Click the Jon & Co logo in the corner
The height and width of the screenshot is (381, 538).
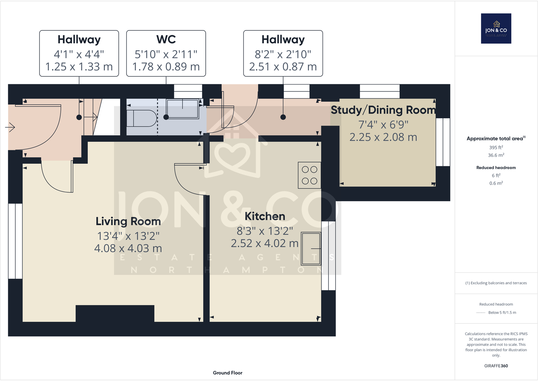496,28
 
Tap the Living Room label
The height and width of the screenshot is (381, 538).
128,221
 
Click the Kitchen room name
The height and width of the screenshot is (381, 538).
265,216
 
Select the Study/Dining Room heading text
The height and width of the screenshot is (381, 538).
383,110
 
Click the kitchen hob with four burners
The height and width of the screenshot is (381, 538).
309,175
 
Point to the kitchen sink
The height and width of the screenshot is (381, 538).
311,248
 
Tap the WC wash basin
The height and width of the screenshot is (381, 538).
183,109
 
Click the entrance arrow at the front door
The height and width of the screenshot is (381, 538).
10,127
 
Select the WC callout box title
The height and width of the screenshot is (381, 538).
166,40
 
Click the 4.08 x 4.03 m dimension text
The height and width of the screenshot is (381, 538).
128,248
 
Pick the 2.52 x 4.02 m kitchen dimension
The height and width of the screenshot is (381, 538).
265,243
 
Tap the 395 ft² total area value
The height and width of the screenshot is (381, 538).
496,147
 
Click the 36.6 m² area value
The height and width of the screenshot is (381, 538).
496,155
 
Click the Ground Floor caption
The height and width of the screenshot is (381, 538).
227,373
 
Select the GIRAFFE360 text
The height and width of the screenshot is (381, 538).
496,366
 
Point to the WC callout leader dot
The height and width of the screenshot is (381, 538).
166,117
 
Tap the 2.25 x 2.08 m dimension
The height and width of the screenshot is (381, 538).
383,137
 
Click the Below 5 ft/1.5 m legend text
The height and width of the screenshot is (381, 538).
502,313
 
